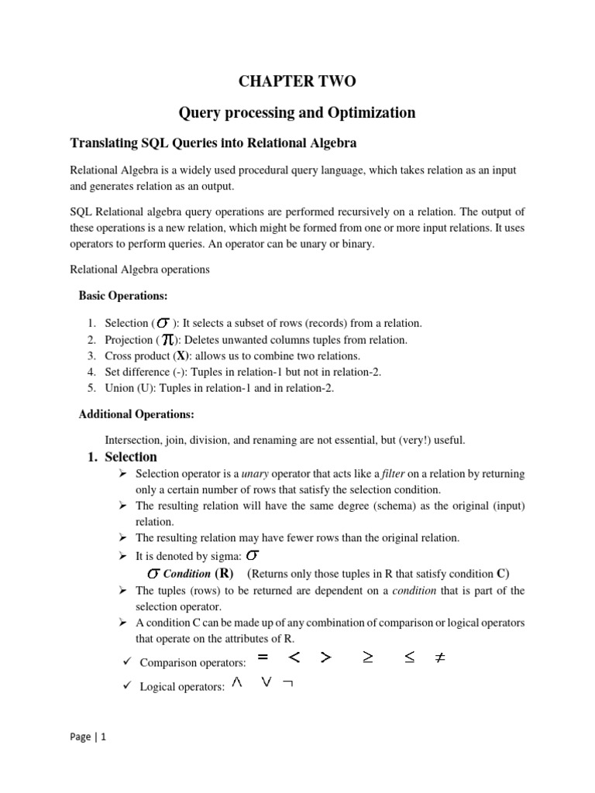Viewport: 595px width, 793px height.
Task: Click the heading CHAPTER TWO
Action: click(x=297, y=81)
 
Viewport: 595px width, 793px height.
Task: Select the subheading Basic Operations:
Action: click(x=123, y=297)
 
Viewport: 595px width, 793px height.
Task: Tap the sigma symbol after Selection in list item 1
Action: click(x=163, y=324)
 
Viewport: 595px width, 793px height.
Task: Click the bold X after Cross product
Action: click(x=182, y=356)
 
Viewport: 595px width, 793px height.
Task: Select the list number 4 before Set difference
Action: click(x=91, y=372)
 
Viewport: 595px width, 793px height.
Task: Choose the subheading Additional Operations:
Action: click(x=136, y=414)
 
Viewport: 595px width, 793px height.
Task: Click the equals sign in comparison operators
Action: click(x=263, y=658)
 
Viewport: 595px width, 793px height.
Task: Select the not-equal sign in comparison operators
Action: click(x=439, y=658)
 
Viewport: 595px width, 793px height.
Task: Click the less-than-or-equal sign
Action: click(x=409, y=658)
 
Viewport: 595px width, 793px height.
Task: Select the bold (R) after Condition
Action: click(x=224, y=574)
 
